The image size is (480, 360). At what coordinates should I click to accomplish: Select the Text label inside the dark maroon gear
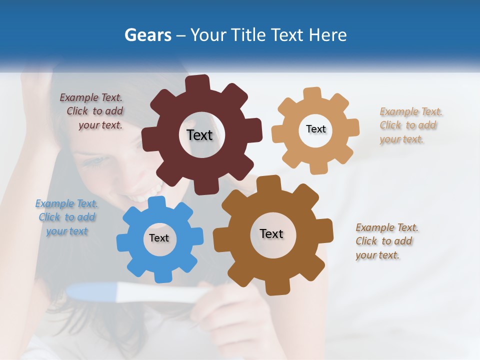199,135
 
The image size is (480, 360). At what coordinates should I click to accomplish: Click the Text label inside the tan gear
315,129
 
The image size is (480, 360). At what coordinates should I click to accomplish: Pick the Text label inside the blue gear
158,238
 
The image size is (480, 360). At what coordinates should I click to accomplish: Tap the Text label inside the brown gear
271,233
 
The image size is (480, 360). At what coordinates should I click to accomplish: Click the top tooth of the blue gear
156,202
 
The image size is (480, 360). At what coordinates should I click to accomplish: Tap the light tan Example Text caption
409,125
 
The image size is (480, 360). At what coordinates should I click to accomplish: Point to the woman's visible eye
98,161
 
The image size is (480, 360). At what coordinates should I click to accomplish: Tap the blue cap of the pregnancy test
92,292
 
